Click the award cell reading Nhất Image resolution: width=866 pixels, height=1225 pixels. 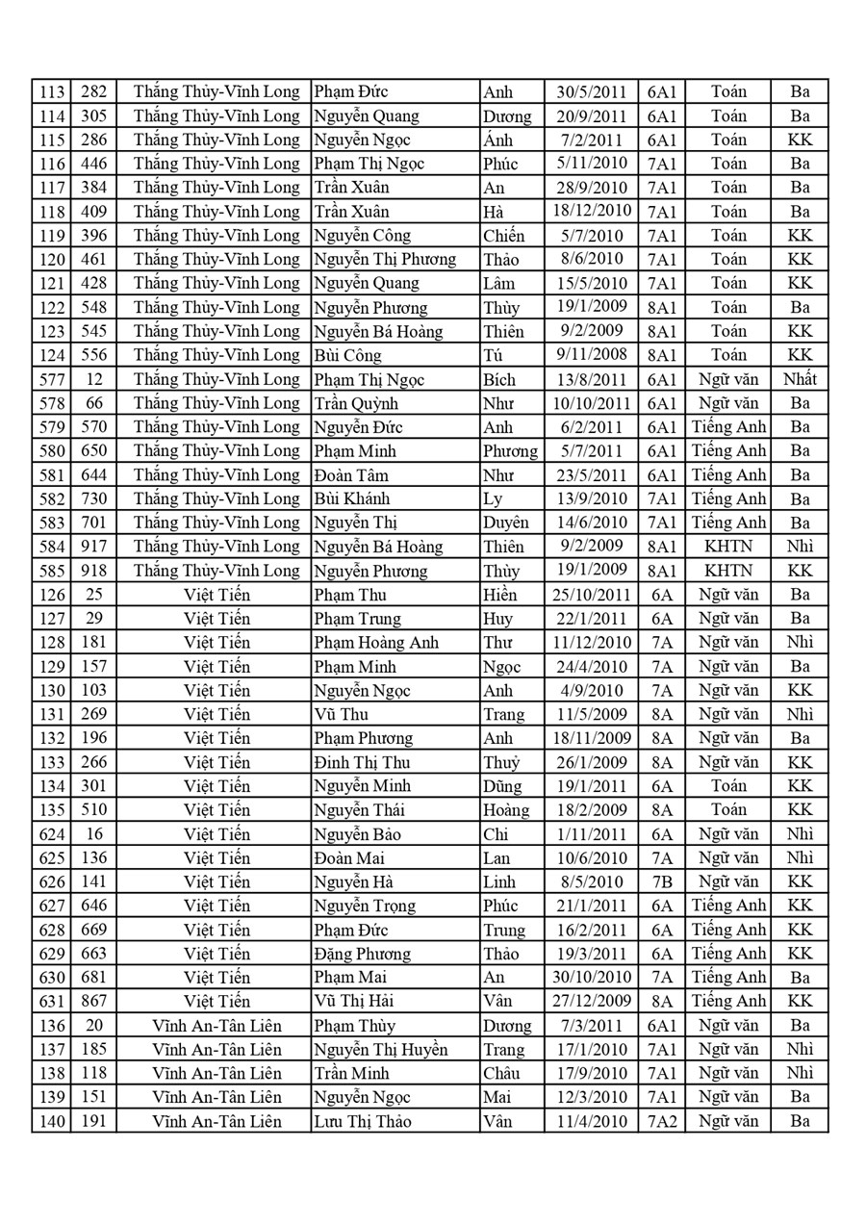[x=800, y=379]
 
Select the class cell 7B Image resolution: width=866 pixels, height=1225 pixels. [x=662, y=881]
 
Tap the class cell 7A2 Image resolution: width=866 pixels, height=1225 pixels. [x=662, y=1121]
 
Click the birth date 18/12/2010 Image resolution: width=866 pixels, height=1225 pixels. [x=592, y=212]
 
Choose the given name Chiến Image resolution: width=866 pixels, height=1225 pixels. [x=504, y=236]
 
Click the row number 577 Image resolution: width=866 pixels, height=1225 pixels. [x=51, y=379]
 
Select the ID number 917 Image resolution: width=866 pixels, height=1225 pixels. [x=94, y=547]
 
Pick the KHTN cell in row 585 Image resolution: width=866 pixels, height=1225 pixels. [x=728, y=571]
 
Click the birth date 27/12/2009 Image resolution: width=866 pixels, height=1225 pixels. [x=592, y=1001]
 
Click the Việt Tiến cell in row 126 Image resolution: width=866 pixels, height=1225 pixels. [x=216, y=595]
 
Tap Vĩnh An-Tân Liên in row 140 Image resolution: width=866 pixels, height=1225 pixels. [x=216, y=1121]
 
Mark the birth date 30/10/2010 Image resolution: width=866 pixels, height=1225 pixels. [x=592, y=978]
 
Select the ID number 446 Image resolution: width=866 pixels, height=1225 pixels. [x=94, y=164]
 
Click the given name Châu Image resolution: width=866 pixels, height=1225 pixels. [x=502, y=1073]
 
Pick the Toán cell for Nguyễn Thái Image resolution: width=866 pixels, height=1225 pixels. [x=728, y=809]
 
